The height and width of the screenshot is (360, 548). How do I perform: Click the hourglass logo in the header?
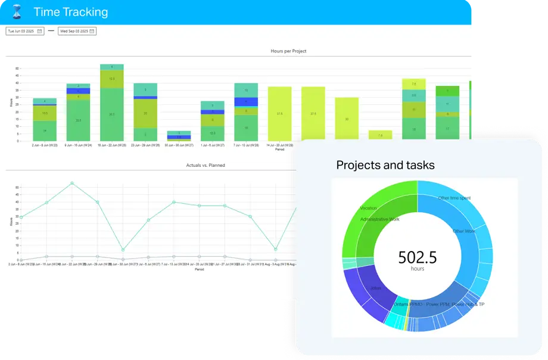pyautogui.click(x=17, y=12)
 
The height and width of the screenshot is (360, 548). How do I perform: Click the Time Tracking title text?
pyautogui.click(x=71, y=12)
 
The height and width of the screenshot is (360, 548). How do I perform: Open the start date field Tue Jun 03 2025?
pyautogui.click(x=21, y=31)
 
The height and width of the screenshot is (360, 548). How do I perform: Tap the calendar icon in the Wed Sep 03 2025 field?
pyautogui.click(x=92, y=31)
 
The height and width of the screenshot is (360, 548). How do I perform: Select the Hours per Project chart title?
pyautogui.click(x=288, y=51)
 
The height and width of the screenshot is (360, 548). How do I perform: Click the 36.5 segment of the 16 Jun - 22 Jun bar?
pyautogui.click(x=111, y=114)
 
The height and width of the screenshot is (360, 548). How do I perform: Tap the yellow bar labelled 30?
pyautogui.click(x=347, y=119)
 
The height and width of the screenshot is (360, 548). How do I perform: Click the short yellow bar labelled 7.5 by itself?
pyautogui.click(x=380, y=135)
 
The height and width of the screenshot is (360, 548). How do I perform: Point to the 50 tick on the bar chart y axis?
pyautogui.click(x=17, y=69)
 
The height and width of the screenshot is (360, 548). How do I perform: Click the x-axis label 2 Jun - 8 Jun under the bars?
pyautogui.click(x=45, y=145)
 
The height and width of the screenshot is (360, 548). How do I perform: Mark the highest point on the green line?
pyautogui.click(x=72, y=183)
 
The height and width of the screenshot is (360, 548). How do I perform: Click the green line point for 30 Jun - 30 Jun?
pyautogui.click(x=123, y=250)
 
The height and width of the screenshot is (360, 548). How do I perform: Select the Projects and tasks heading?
pyautogui.click(x=385, y=165)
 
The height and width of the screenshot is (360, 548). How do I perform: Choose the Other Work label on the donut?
pyautogui.click(x=465, y=231)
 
